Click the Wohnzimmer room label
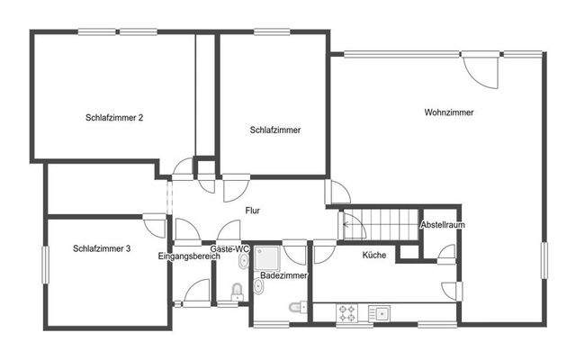[x=449, y=112]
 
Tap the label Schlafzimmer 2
[x=115, y=117]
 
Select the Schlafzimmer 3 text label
[x=103, y=248]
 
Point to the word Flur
[x=253, y=211]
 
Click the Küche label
[x=374, y=256]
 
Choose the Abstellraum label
[x=442, y=225]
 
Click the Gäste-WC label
[x=229, y=248]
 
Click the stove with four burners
[x=348, y=312]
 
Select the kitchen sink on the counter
[x=382, y=312]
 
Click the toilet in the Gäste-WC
[x=237, y=291]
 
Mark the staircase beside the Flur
[x=377, y=221]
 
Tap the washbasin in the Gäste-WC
[x=244, y=262]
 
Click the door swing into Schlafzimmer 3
[x=156, y=224]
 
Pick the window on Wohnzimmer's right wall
[x=543, y=270]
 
